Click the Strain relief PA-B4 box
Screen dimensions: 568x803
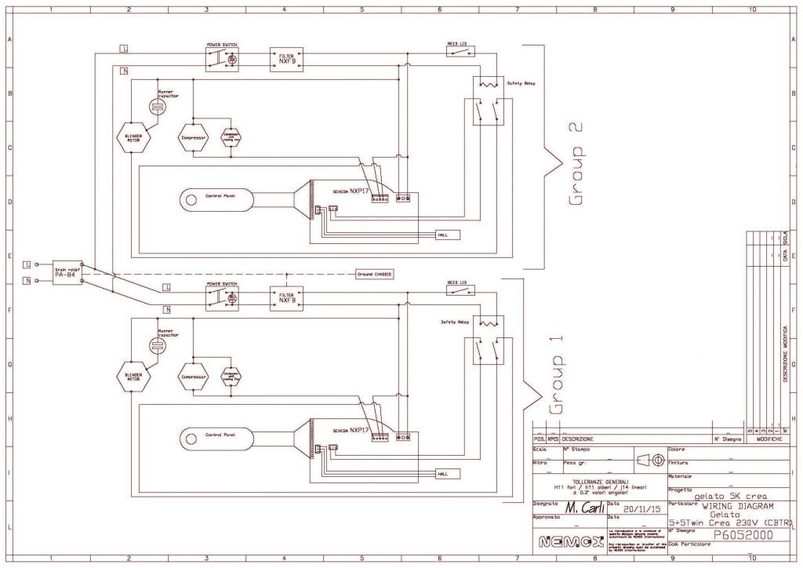[65, 271]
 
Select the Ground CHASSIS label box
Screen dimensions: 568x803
[374, 274]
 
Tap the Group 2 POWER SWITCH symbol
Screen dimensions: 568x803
[222, 59]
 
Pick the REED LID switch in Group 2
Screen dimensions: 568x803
[461, 52]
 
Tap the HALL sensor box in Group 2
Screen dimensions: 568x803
[448, 235]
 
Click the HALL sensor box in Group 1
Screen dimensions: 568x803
[448, 475]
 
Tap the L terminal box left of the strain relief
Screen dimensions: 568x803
[27, 264]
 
